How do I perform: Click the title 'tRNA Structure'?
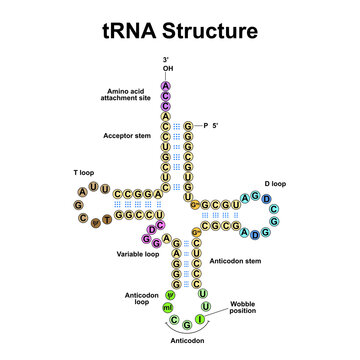point(179,31)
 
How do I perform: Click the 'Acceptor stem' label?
point(127,135)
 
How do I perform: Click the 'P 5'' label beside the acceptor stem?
point(211,125)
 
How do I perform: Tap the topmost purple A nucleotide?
point(167,85)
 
